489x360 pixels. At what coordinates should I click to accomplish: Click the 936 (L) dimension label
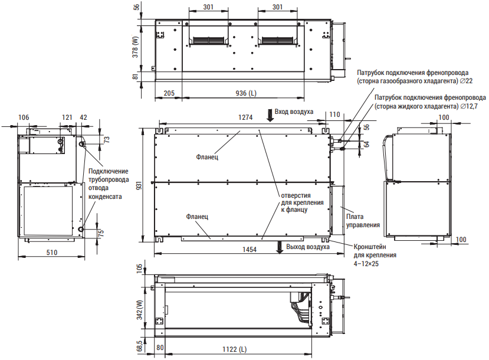coord(246,93)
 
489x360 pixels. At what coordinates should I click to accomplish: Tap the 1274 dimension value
coord(245,117)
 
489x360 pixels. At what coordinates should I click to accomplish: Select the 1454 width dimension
coord(250,250)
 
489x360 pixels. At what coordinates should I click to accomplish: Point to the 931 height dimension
coord(139,185)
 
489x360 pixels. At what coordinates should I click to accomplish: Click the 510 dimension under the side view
coord(52,253)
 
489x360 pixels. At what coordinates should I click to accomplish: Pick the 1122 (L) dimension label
coord(234,349)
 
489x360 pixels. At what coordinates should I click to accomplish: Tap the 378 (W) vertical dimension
coord(135,47)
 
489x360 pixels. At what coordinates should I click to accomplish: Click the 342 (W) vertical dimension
coord(139,310)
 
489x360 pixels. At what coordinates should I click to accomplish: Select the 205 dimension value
coord(169,93)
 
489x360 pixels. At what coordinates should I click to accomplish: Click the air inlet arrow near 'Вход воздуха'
coord(270,115)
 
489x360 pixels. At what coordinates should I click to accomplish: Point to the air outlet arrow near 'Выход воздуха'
coord(280,247)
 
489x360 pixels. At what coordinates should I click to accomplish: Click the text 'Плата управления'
coord(363,221)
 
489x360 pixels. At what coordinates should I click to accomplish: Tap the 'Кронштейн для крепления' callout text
coord(375,251)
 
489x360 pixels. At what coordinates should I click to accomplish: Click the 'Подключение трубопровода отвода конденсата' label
coord(109,184)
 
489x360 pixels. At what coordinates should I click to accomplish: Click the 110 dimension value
coord(334,114)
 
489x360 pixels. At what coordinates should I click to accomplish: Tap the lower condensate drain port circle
coord(81,229)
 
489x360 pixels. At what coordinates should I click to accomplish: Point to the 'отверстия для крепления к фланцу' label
coord(302,203)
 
